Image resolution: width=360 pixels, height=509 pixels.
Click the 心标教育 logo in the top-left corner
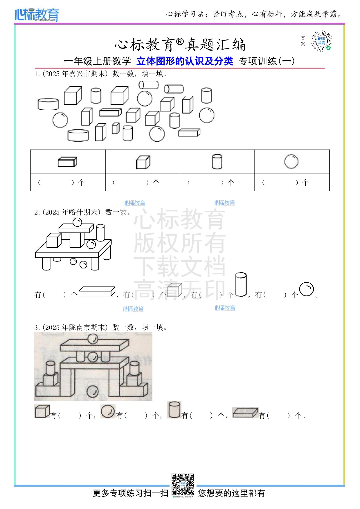point(37,15)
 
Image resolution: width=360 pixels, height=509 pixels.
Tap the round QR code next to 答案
point(321,41)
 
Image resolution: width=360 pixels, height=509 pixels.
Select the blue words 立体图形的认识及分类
point(185,61)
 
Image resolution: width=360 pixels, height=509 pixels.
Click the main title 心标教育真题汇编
point(180,45)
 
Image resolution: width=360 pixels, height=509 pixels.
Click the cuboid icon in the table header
point(67,162)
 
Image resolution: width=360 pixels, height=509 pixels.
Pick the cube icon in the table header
point(143,162)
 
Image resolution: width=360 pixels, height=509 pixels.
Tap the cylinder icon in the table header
point(217,162)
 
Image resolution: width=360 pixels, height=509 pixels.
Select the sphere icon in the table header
point(291,162)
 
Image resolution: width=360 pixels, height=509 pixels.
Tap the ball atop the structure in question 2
point(78,222)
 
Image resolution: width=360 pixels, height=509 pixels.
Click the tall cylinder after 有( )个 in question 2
point(241,285)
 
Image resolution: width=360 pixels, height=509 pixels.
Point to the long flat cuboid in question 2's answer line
point(97,291)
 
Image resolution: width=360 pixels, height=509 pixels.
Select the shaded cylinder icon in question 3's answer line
point(174,410)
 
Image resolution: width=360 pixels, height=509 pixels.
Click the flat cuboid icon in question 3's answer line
point(245,412)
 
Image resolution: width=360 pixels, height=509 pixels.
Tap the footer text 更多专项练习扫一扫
point(130,493)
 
